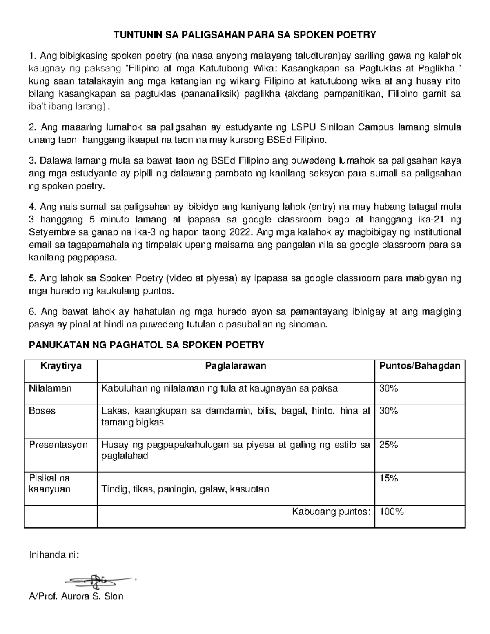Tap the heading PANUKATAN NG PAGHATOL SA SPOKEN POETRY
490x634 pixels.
point(146,345)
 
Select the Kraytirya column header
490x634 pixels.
point(60,366)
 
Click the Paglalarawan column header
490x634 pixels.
point(236,366)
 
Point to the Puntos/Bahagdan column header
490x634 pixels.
point(419,366)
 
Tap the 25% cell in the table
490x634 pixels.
point(388,445)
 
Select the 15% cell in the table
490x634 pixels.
point(388,478)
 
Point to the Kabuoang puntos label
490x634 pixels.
point(331,512)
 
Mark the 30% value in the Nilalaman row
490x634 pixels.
point(388,388)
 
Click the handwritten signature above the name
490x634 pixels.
point(100,580)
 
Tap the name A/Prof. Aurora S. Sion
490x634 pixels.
point(76,596)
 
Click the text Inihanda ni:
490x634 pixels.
point(53,555)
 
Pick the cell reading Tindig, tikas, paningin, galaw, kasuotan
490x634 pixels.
point(185,489)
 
